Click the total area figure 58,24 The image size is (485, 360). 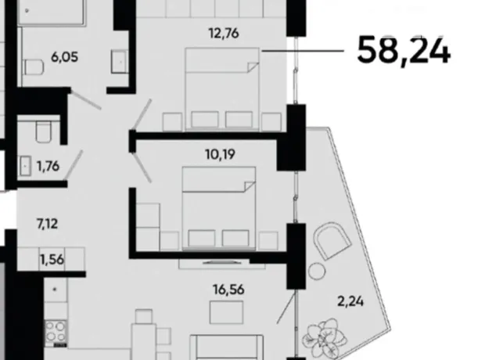pyautogui.click(x=404, y=51)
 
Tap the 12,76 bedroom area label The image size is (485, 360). pyautogui.click(x=224, y=33)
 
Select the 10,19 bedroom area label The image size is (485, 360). pyautogui.click(x=221, y=154)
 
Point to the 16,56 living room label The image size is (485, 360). pyautogui.click(x=228, y=290)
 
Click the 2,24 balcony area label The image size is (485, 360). pyautogui.click(x=350, y=301)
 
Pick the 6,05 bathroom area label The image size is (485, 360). pyautogui.click(x=65, y=57)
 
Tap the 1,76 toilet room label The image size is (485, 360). pyautogui.click(x=48, y=166)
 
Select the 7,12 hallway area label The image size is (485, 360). pyautogui.click(x=47, y=224)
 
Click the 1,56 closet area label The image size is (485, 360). pyautogui.click(x=52, y=259)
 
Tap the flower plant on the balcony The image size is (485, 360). pyautogui.click(x=324, y=338)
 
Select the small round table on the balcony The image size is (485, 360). pyautogui.click(x=317, y=271)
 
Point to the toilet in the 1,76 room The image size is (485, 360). pyautogui.click(x=43, y=131)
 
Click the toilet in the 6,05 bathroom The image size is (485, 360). pyautogui.click(x=34, y=67)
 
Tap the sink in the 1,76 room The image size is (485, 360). pyautogui.click(x=25, y=166)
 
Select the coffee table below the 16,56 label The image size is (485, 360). pyautogui.click(x=226, y=312)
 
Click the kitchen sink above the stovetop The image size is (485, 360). pyautogui.click(x=55, y=290)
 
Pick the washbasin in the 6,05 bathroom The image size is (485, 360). pyautogui.click(x=120, y=62)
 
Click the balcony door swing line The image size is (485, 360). pyautogui.click(x=286, y=308)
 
